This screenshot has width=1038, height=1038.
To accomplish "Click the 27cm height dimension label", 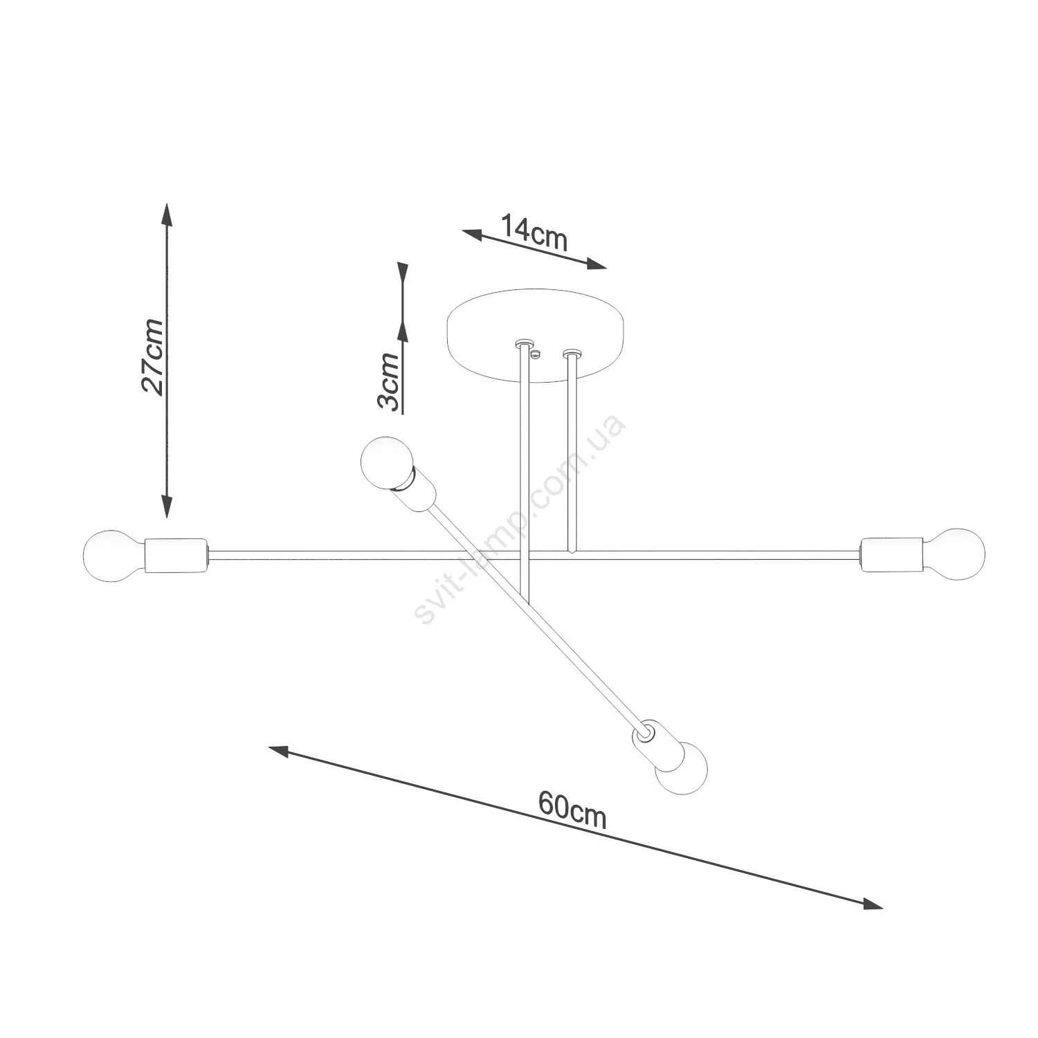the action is [153, 358].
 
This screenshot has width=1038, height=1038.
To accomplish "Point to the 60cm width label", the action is [573, 809].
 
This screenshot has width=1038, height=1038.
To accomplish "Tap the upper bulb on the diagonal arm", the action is [388, 462].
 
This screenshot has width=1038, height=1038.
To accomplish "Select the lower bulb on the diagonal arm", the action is [682, 767].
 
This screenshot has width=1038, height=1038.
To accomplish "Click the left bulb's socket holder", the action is [176, 556].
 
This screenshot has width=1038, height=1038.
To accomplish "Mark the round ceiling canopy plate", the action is [536, 336].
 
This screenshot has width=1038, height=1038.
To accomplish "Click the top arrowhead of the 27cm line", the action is [166, 215].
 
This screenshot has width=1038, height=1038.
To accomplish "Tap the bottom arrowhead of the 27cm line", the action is [166, 506].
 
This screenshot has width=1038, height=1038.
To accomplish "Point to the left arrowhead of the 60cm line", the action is [280, 751].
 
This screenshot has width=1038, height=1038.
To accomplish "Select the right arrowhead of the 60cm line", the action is [872, 904].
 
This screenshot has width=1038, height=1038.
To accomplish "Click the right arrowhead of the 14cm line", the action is [596, 264].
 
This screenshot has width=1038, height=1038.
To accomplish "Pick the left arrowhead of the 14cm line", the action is [473, 234].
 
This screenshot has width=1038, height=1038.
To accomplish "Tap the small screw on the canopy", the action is [535, 354].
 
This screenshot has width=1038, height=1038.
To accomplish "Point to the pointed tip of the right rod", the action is [572, 554].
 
